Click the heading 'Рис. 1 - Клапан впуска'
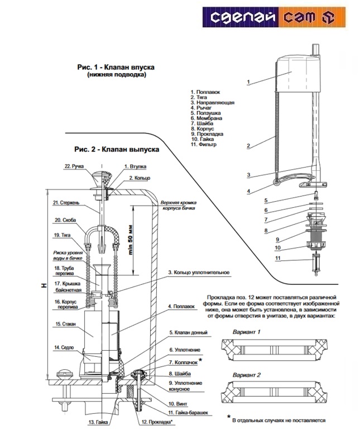[x=116, y=67]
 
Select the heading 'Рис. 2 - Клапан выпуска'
[x=117, y=150]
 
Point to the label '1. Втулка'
[x=135, y=166]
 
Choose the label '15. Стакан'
[x=66, y=324]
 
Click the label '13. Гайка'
[x=97, y=422]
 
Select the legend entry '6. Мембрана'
[x=208, y=118]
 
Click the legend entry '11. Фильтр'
[x=205, y=145]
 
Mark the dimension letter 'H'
[x=43, y=285]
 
